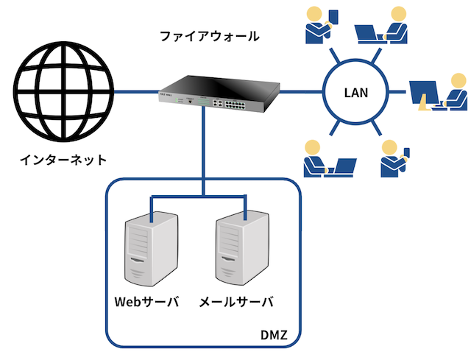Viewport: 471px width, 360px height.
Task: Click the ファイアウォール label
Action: (x=210, y=36)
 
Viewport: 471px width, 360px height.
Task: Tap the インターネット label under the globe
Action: (x=63, y=160)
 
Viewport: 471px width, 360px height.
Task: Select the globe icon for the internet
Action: (x=64, y=91)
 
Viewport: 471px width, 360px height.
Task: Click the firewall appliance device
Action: (x=219, y=94)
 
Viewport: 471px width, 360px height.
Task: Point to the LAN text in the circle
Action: (x=356, y=93)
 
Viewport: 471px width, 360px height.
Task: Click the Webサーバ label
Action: (x=147, y=302)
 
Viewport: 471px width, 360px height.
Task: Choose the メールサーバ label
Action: (x=236, y=302)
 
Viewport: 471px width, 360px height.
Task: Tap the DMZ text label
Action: (x=274, y=335)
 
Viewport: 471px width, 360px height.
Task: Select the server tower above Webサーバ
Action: (x=151, y=249)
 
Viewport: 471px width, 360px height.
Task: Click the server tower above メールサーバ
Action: (x=242, y=248)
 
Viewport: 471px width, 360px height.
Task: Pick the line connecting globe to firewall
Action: (x=136, y=91)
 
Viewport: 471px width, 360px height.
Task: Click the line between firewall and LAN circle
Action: (x=301, y=91)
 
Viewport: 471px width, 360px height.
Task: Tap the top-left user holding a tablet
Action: (x=322, y=26)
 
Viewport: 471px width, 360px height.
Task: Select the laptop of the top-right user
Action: (x=369, y=34)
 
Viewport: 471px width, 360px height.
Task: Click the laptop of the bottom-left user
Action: (x=341, y=167)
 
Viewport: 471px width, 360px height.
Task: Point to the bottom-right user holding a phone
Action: (x=395, y=158)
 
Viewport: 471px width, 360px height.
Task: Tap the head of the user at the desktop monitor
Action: (x=459, y=81)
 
